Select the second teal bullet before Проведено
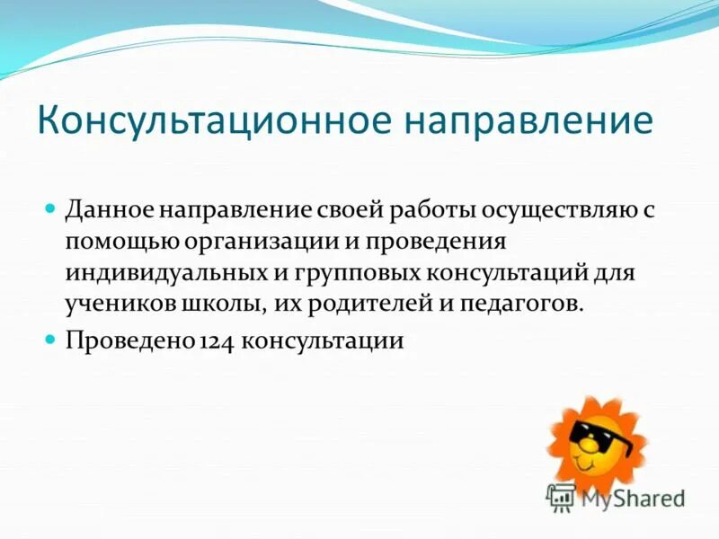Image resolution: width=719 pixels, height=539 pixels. point(51,340)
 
